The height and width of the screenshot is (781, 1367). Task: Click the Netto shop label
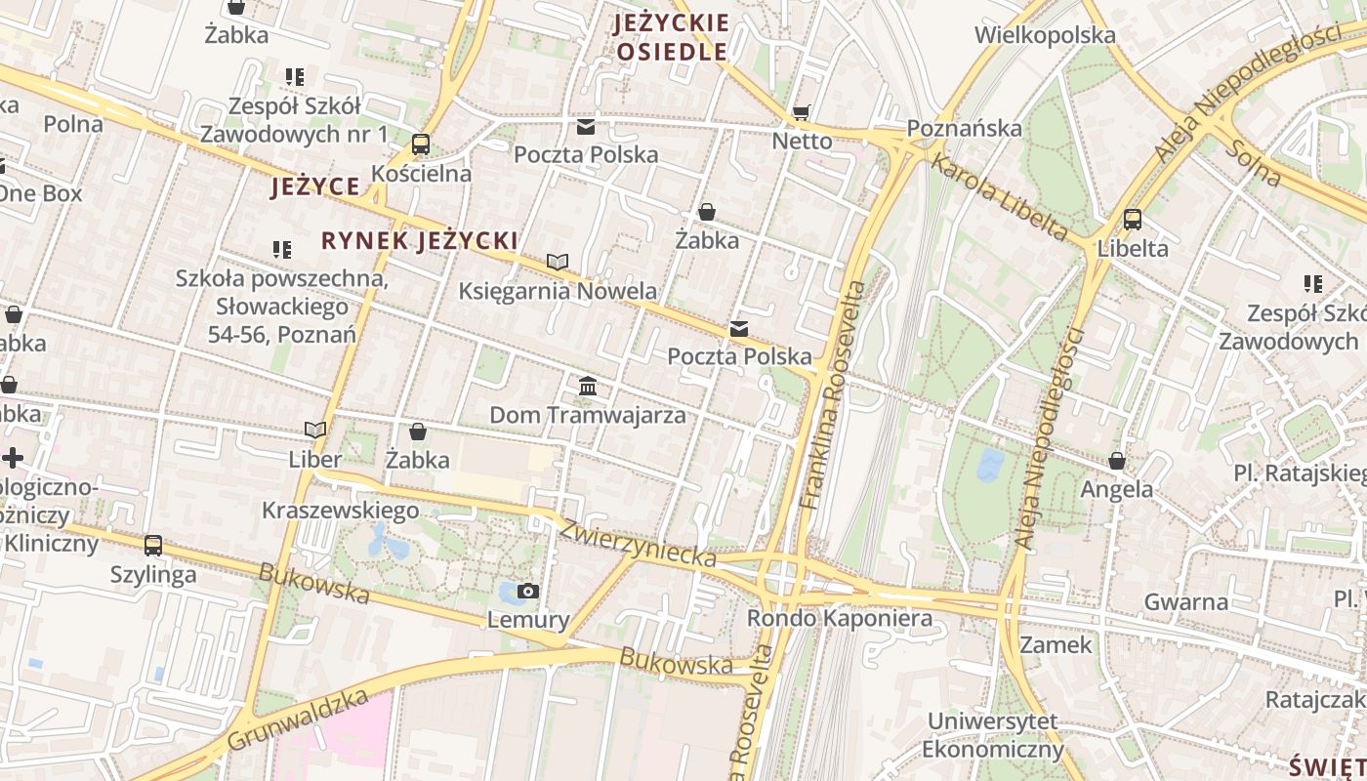[x=802, y=141]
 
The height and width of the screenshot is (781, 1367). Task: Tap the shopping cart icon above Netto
[x=802, y=113]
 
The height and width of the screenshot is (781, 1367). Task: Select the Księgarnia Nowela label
[x=558, y=291]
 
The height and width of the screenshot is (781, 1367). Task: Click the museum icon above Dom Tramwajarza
[x=588, y=387]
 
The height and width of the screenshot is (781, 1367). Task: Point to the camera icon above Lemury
[x=528, y=591]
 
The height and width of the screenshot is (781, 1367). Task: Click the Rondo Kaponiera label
[x=839, y=618]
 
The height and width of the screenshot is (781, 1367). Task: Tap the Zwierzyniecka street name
[x=638, y=543]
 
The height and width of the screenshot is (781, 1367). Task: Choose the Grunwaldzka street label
[x=298, y=720]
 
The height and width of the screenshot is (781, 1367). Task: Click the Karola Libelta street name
[x=998, y=195]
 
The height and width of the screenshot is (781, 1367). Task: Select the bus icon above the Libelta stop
[x=1133, y=220]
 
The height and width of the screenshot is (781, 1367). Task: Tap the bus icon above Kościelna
[x=421, y=144]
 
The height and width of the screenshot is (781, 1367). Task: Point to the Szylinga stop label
[x=153, y=574]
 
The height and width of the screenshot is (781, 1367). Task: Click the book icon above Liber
[x=315, y=430]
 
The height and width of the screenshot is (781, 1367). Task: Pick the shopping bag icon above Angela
[x=1117, y=461]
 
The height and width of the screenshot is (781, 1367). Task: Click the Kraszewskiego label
[x=340, y=510]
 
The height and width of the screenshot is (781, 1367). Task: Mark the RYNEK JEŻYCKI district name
[x=419, y=240]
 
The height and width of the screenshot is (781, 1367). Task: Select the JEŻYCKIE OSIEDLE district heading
[x=672, y=37]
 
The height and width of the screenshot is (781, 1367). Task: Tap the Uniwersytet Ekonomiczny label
[x=992, y=735]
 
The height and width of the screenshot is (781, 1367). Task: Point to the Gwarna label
[x=1185, y=601]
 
